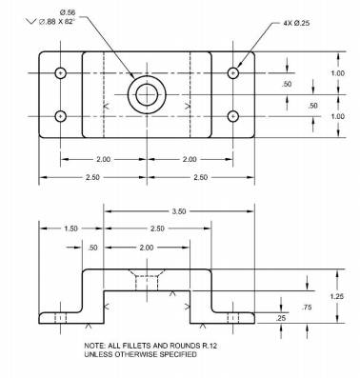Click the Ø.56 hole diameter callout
tap(67, 12)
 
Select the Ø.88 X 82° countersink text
tap(57, 22)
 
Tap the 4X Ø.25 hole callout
tap(296, 23)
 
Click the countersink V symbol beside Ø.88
tap(31, 22)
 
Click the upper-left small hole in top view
tap(60, 73)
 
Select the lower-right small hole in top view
tap(233, 116)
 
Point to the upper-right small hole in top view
tap(233, 73)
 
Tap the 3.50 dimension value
tap(179, 211)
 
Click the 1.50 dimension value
tap(70, 229)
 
